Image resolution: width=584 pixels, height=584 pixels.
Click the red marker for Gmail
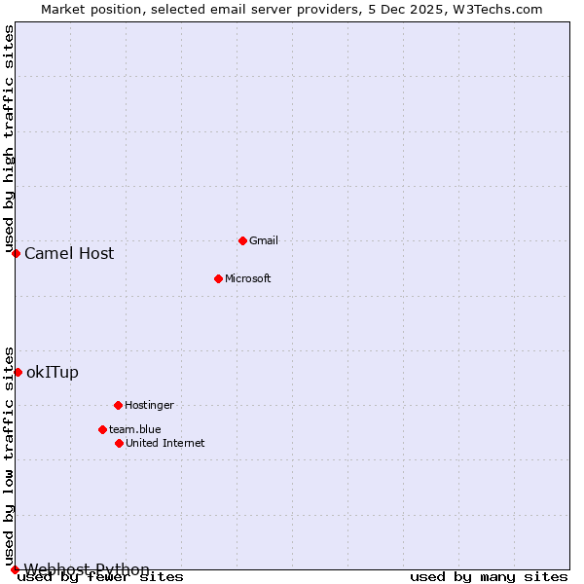pos(242,240)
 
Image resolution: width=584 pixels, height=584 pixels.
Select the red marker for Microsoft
pos(218,278)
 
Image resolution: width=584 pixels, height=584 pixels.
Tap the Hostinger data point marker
pos(118,405)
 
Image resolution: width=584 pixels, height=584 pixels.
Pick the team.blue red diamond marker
pos(102,429)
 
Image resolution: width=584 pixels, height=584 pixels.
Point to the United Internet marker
pos(119,443)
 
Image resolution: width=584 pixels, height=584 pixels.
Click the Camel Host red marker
pos(16,253)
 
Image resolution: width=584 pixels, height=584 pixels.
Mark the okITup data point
pos(18,372)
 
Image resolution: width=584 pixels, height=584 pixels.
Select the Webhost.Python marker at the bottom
pos(15,569)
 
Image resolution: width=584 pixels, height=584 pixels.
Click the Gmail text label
pos(264,240)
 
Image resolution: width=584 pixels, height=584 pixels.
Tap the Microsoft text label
pos(247,278)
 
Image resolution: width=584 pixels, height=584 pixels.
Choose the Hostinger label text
pos(149,405)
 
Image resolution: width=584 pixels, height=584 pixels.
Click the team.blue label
pos(134,429)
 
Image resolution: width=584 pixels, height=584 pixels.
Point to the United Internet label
pos(164,443)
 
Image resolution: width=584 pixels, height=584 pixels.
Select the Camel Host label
pos(69,254)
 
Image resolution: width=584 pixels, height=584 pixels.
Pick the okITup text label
pos(53,373)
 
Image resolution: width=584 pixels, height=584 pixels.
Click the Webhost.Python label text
pos(87,569)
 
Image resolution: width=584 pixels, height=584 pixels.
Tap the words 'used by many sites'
pos(489,577)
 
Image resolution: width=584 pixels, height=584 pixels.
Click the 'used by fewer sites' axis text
pos(100,577)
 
